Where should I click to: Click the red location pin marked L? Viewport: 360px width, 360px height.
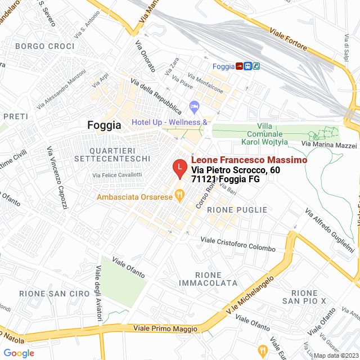179,168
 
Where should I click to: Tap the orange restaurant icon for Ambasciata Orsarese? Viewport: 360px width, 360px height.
180,196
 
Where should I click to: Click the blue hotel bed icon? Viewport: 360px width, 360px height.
195,106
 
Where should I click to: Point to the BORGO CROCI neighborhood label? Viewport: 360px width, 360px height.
45,46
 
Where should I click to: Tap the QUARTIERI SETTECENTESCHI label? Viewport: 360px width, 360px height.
120,155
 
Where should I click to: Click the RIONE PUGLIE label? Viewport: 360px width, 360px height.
237,210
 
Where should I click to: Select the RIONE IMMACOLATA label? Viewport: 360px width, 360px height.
208,278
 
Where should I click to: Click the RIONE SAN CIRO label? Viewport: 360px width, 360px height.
54,294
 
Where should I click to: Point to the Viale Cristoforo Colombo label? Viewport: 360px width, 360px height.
238,244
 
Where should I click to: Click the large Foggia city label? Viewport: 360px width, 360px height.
104,125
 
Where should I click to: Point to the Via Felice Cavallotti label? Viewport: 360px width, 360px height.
125,176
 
